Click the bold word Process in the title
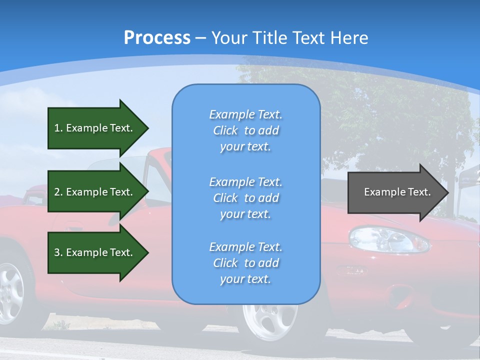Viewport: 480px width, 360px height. point(157,38)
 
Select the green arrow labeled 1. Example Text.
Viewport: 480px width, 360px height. point(95,128)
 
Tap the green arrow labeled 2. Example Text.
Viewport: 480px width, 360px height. point(95,192)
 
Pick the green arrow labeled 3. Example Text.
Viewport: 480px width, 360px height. point(95,252)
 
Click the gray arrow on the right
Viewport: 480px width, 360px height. point(395,192)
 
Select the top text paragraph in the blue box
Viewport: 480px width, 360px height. point(245,130)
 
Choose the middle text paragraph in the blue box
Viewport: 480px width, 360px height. point(245,198)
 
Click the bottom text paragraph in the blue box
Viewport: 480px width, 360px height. point(245,263)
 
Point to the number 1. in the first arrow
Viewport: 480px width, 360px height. point(58,128)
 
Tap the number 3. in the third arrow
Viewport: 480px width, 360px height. point(58,252)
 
